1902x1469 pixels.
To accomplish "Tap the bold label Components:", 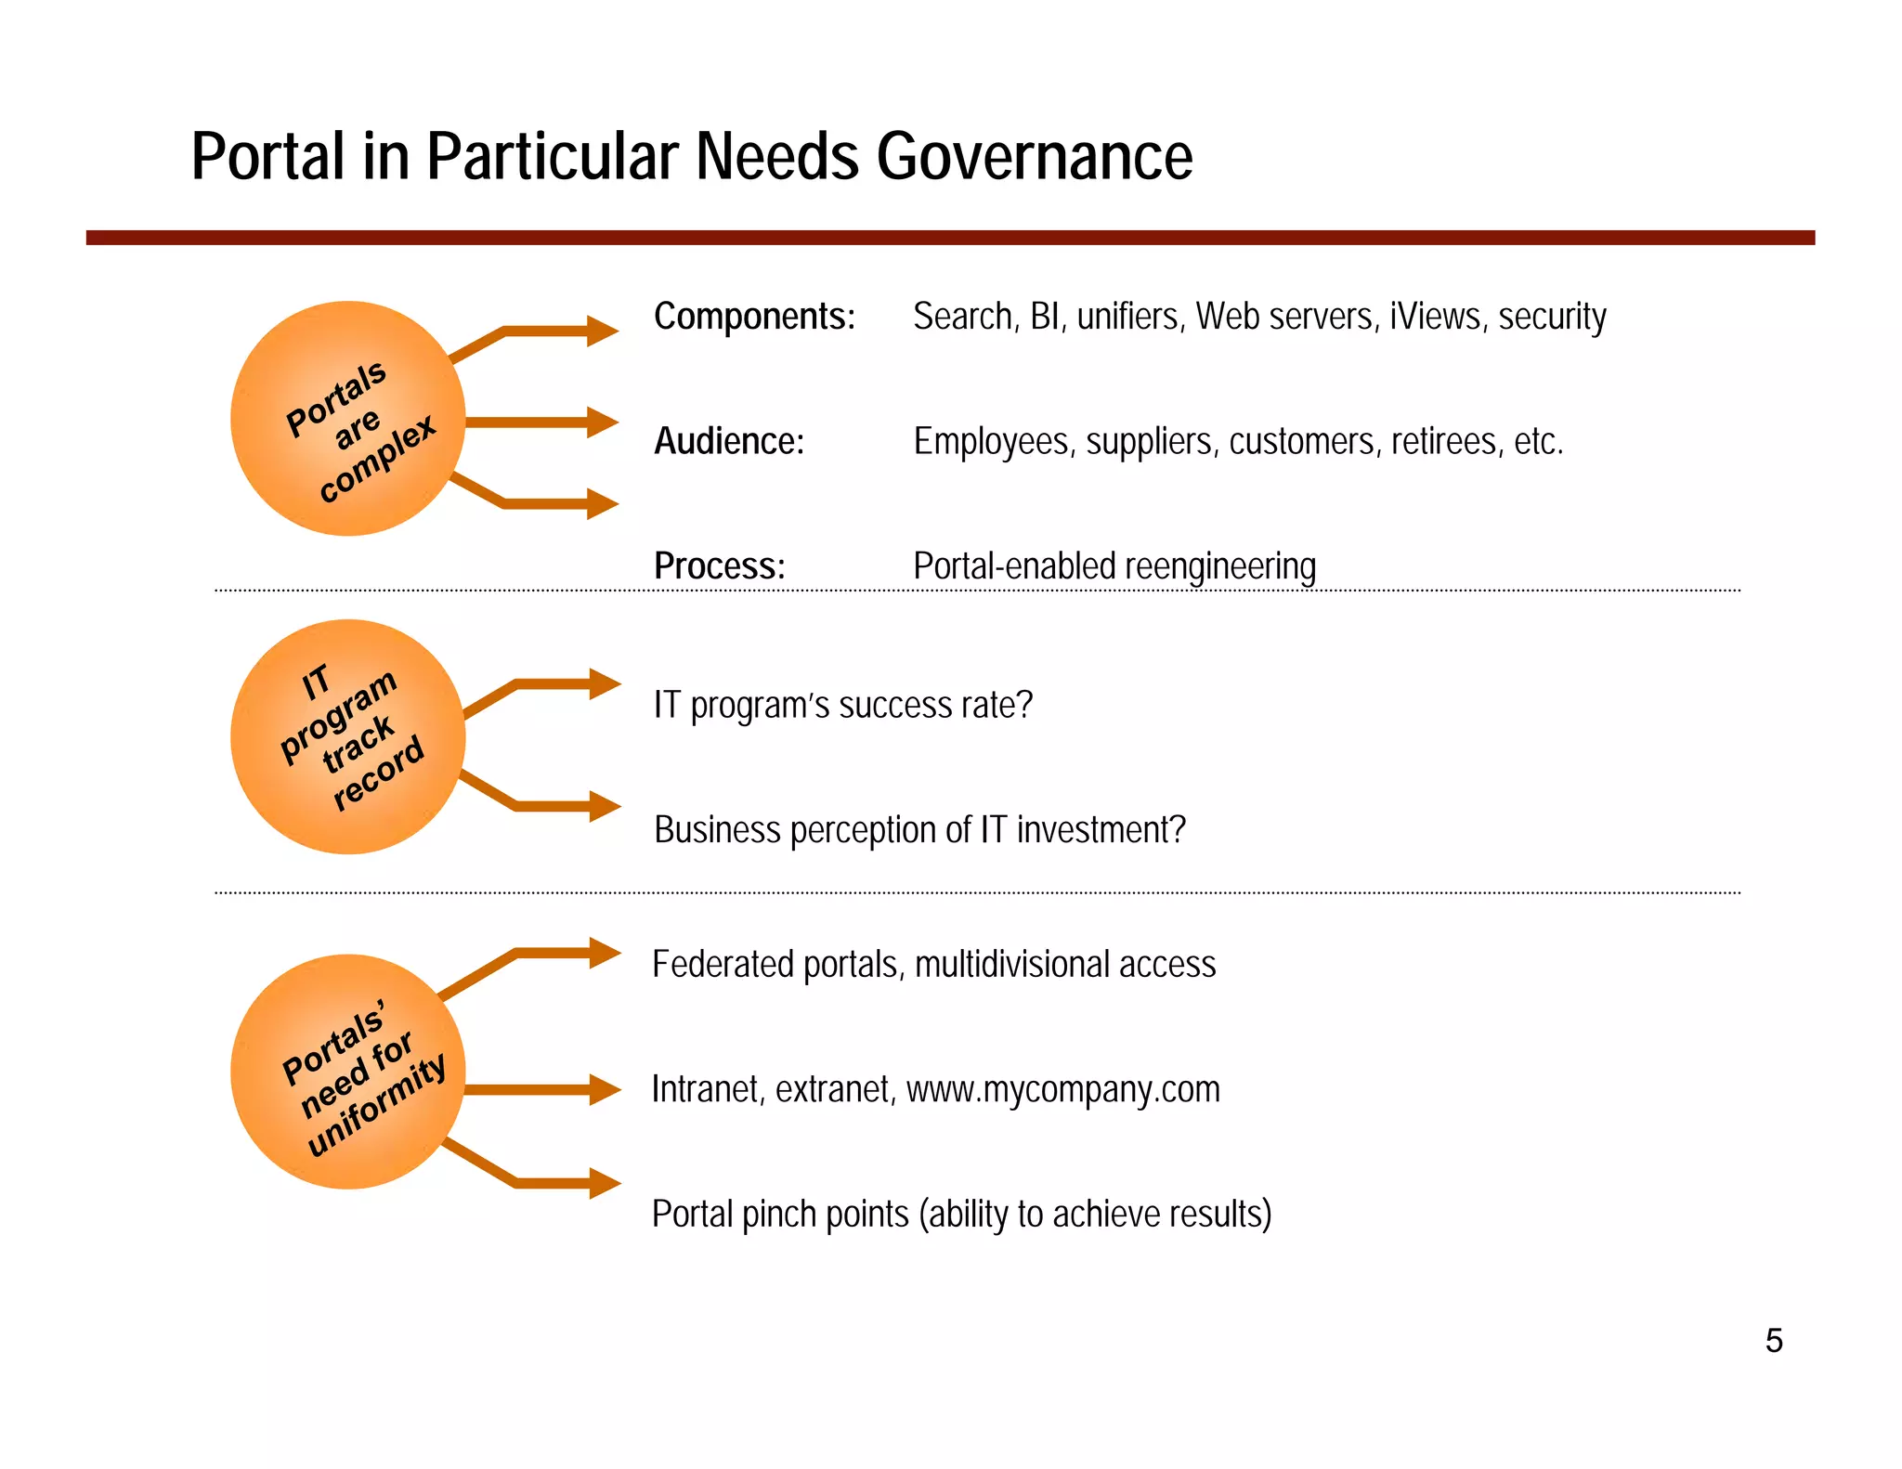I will click(x=754, y=317).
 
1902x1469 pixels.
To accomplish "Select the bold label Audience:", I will click(x=729, y=441).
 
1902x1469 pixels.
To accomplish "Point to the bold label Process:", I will click(x=720, y=565).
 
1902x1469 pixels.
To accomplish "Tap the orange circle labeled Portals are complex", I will click(x=347, y=419).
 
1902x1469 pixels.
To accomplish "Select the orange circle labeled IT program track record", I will click(x=347, y=736).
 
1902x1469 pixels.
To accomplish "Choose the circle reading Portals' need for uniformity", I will click(x=347, y=1072).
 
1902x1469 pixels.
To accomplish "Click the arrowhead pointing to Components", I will click(x=602, y=331).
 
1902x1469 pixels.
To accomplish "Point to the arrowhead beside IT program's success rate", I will click(x=605, y=684).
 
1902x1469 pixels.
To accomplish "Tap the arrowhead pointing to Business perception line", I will click(x=605, y=806).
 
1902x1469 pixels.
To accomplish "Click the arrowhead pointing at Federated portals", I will click(x=605, y=953).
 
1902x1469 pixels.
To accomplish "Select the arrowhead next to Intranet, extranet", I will click(x=605, y=1089).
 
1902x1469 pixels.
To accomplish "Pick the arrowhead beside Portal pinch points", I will click(x=605, y=1182).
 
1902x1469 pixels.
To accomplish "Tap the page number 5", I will click(x=1774, y=1341).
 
